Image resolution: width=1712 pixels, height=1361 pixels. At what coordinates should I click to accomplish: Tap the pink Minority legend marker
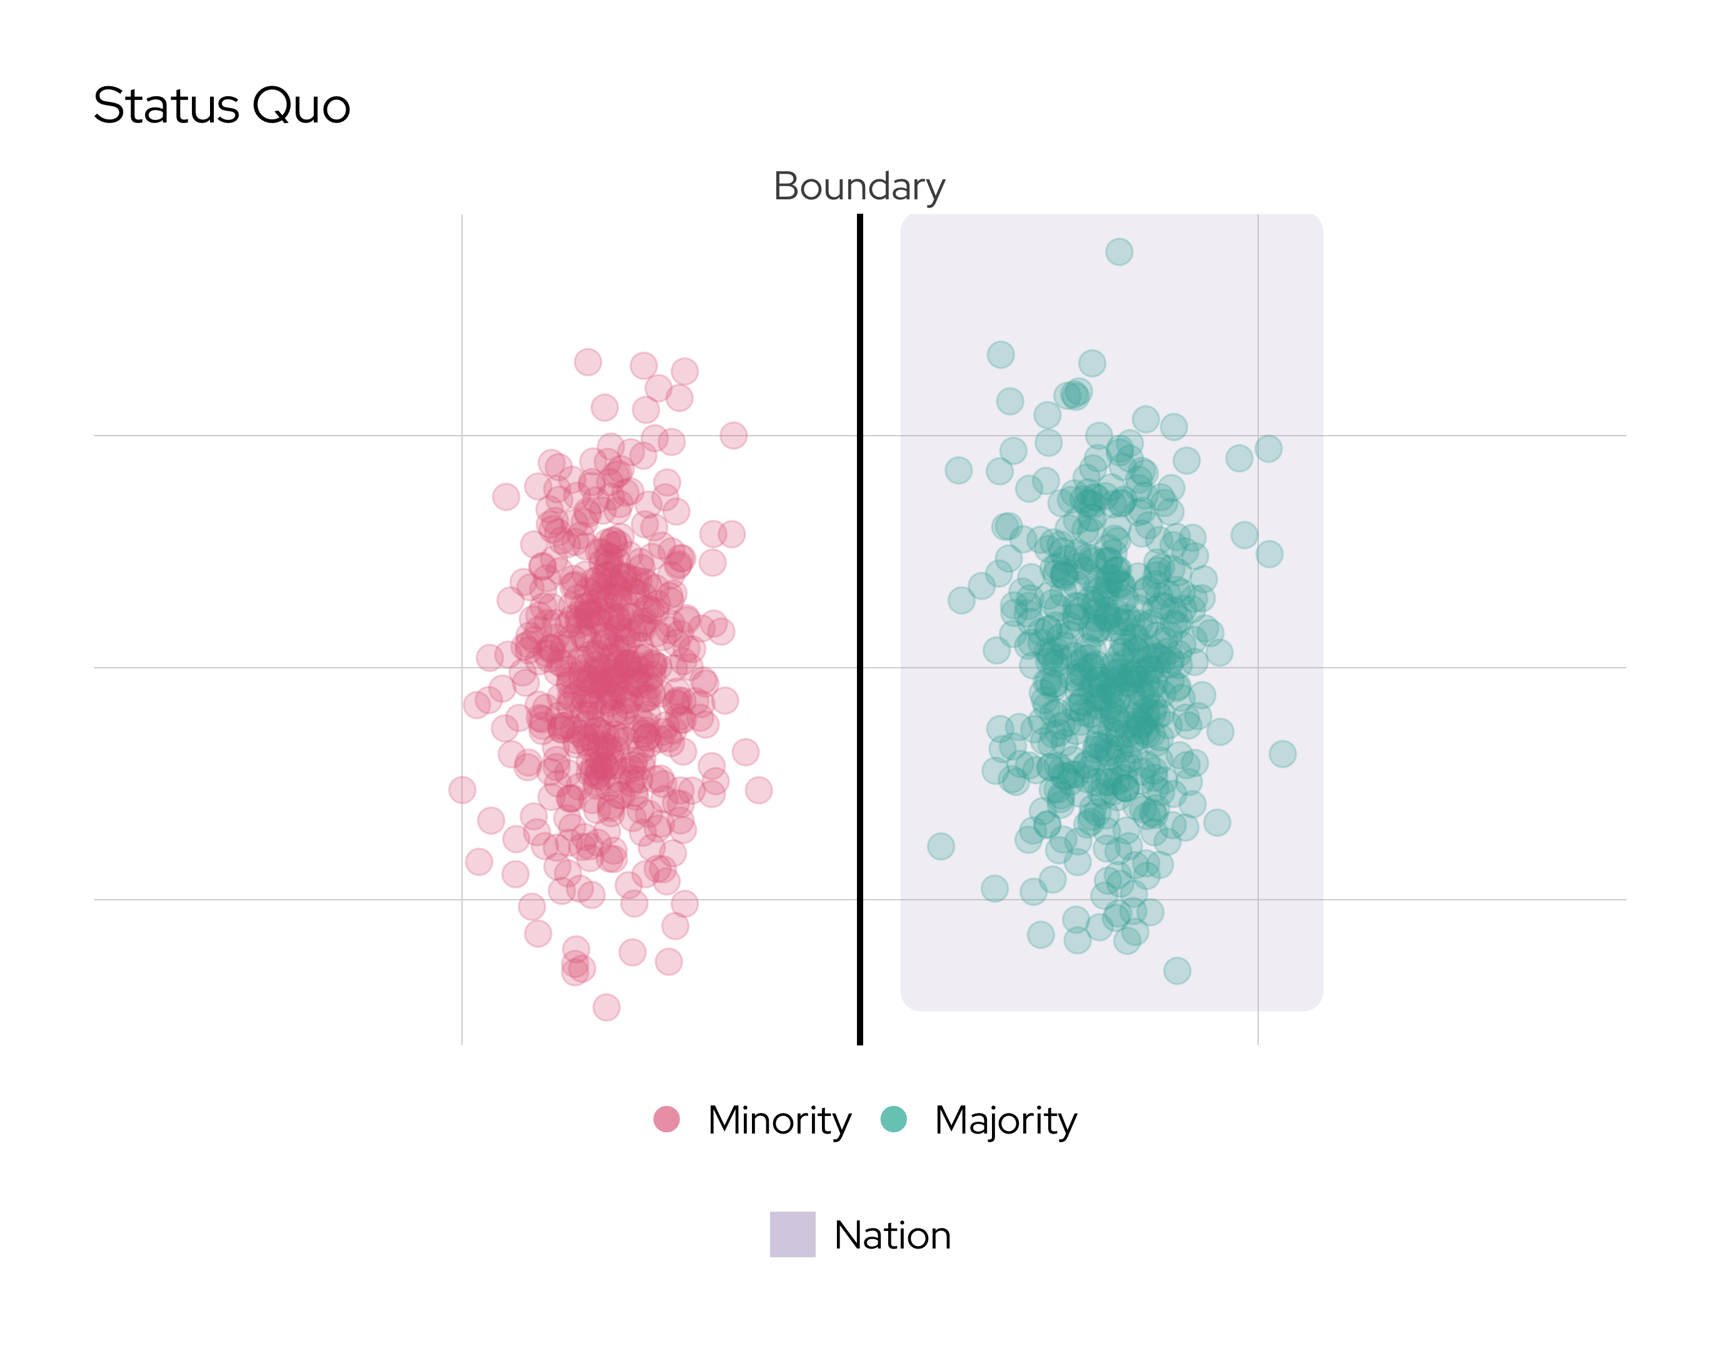point(666,1119)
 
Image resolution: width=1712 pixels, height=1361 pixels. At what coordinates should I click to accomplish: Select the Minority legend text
point(779,1120)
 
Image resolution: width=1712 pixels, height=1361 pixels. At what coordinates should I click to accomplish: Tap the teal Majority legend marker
point(893,1119)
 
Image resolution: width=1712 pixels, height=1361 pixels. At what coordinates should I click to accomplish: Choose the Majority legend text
point(1005,1120)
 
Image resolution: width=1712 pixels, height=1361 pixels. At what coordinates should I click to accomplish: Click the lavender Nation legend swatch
point(792,1234)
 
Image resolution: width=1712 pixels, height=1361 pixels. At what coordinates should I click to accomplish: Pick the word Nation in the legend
point(892,1235)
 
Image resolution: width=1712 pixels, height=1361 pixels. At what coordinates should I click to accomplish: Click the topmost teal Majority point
point(1119,252)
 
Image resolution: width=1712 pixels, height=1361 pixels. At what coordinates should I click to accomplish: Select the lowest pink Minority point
point(606,1007)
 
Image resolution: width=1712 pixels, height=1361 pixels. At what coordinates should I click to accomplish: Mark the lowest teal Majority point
point(1177,970)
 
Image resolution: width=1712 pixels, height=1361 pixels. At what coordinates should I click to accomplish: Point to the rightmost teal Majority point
point(1283,754)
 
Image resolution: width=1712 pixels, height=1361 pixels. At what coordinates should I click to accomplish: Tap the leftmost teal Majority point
point(941,847)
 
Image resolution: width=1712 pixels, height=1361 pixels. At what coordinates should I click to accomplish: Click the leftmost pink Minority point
point(462,789)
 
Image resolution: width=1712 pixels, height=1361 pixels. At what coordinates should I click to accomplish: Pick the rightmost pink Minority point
point(758,790)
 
